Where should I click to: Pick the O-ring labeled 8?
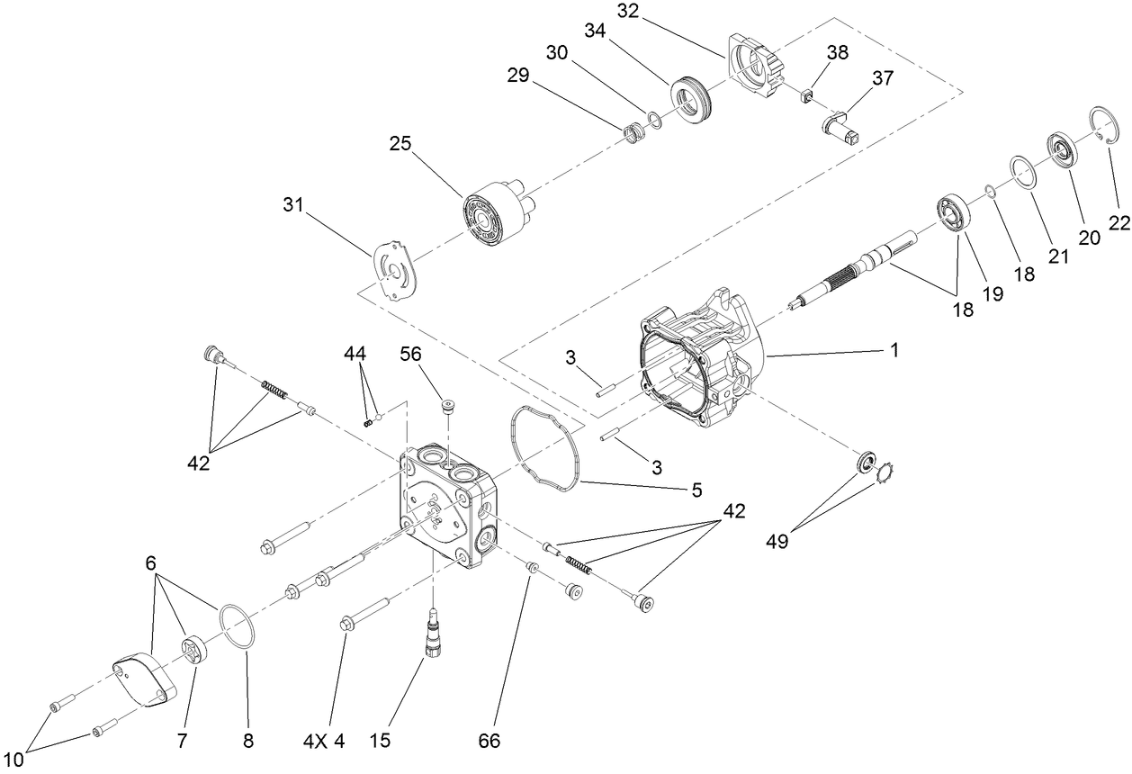pos(237,625)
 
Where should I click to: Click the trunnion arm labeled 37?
pos(844,127)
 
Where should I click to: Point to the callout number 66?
pos(490,742)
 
